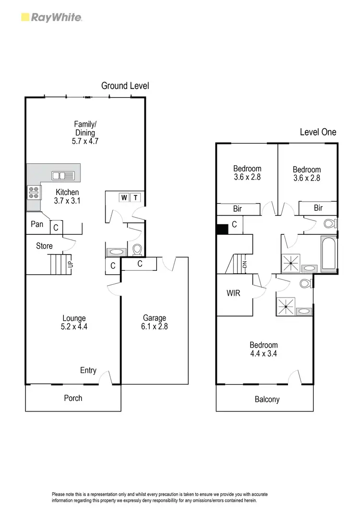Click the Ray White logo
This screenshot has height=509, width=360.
(x=52, y=18)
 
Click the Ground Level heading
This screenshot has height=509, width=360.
(x=125, y=86)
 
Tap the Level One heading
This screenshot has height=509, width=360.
(x=318, y=132)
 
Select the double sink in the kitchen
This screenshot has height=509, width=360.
(x=62, y=176)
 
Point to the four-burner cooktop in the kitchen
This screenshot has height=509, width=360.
(x=34, y=193)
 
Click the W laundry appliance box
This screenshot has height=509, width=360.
(x=124, y=197)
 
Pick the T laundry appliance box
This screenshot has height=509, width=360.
(x=135, y=197)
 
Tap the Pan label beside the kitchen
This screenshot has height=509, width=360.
(x=37, y=224)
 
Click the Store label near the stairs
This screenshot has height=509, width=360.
(x=44, y=246)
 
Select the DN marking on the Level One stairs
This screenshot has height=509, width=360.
(x=244, y=264)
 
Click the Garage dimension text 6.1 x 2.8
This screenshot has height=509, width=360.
(x=154, y=327)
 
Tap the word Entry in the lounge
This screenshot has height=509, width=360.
(x=88, y=370)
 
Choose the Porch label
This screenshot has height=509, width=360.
(x=73, y=398)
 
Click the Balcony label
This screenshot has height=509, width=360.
(x=266, y=399)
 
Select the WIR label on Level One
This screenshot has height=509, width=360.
(x=233, y=293)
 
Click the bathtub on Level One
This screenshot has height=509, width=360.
(x=328, y=254)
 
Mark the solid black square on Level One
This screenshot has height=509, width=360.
(x=222, y=229)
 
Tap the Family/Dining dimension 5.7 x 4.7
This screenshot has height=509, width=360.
(x=84, y=142)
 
